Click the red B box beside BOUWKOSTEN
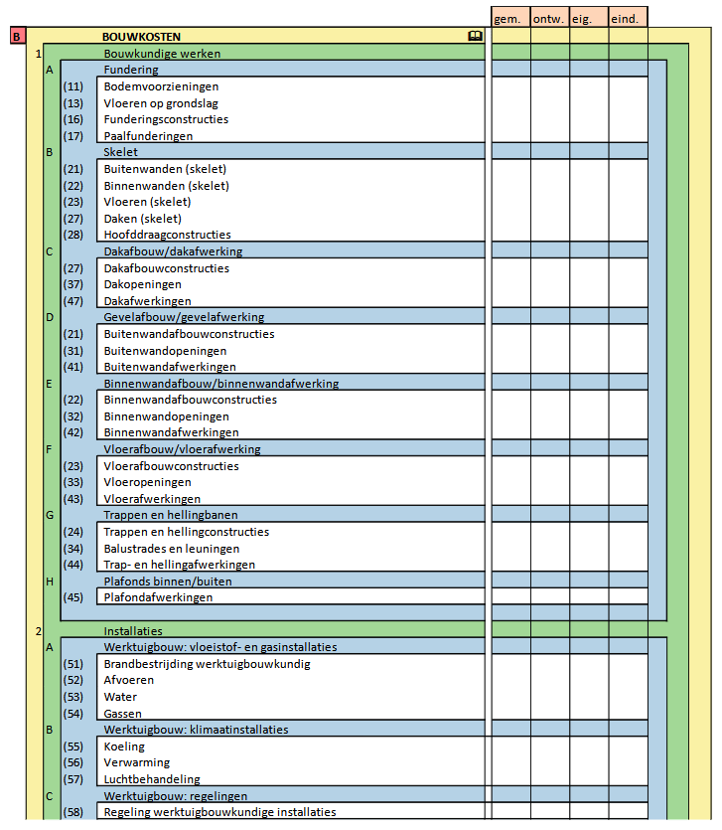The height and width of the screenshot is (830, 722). [17, 37]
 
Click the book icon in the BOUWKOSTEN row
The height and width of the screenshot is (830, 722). [475, 37]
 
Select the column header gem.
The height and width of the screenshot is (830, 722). [509, 18]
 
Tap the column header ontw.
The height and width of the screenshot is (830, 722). [549, 18]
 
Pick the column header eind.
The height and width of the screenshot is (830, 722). [627, 18]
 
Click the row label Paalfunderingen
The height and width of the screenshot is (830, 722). [148, 136]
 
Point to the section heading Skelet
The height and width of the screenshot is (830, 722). [120, 152]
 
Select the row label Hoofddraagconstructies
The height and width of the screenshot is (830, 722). [167, 235]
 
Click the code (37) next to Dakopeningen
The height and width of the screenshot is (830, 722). [72, 284]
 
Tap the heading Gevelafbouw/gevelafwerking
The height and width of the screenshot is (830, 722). [184, 317]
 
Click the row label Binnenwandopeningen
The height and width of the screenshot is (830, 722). [165, 416]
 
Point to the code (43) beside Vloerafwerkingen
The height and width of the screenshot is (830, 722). [72, 499]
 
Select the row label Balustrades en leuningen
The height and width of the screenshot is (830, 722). [171, 549]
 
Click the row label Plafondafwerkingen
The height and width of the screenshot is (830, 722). [158, 597]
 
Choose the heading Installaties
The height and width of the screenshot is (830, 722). [133, 631]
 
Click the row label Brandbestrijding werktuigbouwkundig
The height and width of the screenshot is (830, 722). [207, 664]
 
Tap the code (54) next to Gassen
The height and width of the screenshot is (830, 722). [72, 714]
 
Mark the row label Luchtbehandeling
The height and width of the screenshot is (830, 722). [152, 779]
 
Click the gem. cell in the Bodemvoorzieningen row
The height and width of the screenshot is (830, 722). [510, 86]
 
